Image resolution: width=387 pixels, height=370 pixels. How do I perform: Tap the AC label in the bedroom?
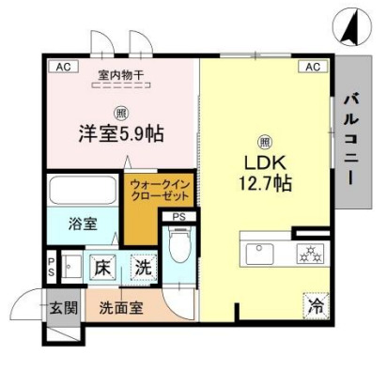[63, 67]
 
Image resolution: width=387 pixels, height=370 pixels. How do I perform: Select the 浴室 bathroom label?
[82, 224]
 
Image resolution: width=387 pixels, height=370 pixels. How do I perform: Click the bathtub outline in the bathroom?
[83, 193]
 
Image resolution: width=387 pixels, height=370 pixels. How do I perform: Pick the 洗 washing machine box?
[142, 266]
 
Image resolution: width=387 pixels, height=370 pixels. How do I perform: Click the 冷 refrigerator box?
[317, 305]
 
